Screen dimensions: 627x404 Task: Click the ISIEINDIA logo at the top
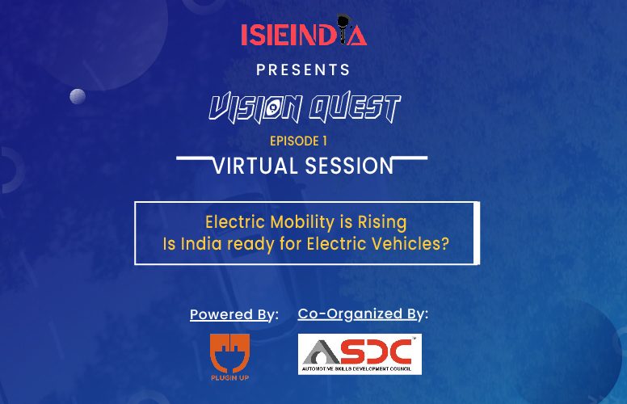(x=304, y=31)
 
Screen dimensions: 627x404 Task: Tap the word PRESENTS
(x=303, y=70)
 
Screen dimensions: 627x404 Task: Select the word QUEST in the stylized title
(x=355, y=107)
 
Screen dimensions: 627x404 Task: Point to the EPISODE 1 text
(x=298, y=141)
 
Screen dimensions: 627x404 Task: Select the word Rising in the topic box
(x=382, y=223)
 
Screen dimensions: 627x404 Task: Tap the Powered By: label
(x=234, y=314)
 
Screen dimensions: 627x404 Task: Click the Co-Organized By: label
(x=363, y=314)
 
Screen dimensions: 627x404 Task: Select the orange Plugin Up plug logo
(x=230, y=357)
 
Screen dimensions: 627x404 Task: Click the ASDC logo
(x=360, y=355)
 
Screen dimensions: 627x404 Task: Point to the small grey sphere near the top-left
(x=78, y=96)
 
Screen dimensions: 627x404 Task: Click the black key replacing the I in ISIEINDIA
(x=343, y=29)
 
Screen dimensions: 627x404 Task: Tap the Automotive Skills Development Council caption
(x=356, y=368)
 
